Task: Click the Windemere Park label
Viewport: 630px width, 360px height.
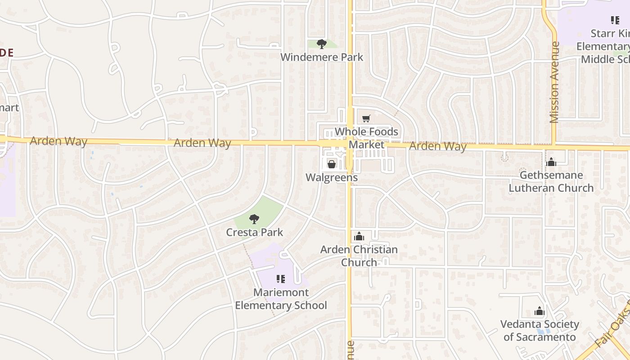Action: (x=322, y=58)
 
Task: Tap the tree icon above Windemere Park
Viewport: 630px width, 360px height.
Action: (x=321, y=44)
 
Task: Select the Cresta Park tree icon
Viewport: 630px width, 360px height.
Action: (x=254, y=219)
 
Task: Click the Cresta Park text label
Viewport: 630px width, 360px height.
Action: (x=255, y=232)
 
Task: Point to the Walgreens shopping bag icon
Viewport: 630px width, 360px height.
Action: (x=332, y=164)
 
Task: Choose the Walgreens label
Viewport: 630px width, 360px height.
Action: (x=332, y=178)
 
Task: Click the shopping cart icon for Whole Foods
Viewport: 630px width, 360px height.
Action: (x=366, y=119)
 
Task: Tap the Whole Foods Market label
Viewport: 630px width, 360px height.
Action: (x=367, y=138)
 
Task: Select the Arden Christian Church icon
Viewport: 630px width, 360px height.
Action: (x=359, y=236)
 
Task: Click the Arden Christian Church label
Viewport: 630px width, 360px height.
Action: (x=359, y=256)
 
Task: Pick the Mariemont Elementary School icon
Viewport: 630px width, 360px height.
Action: (x=281, y=279)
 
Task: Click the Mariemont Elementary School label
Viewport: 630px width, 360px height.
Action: (x=281, y=299)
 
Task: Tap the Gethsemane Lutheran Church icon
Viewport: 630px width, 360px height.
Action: (x=551, y=162)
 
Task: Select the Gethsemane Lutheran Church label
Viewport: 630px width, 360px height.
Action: (x=551, y=181)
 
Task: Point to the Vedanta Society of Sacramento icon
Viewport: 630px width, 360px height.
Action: (x=539, y=311)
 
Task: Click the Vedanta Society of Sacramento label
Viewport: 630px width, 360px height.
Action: (x=540, y=331)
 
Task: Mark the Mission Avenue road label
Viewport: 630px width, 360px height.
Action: (x=554, y=82)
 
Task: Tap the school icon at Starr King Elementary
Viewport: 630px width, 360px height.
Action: (x=615, y=20)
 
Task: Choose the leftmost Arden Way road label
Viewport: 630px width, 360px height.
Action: (x=58, y=141)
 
